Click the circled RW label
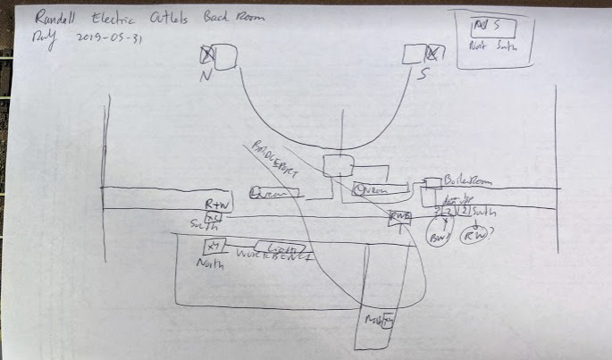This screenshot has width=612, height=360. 473,237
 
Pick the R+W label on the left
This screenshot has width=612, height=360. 216,205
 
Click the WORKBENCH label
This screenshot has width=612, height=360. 274,257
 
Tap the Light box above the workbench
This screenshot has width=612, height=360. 280,246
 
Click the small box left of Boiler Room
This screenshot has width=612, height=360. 432,182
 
